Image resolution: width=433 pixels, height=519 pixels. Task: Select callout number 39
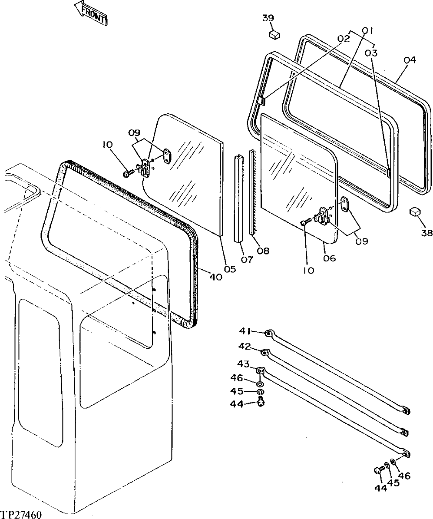268,18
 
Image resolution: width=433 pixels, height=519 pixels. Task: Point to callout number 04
410,60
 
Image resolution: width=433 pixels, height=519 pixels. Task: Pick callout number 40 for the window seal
216,277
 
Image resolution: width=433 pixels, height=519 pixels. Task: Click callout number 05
230,269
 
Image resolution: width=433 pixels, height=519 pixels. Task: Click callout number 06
329,258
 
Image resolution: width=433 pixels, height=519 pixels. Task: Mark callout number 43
243,364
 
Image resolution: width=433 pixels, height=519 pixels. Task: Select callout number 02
343,39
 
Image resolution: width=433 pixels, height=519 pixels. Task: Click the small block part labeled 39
274,34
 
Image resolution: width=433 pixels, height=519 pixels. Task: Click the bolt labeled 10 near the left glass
127,173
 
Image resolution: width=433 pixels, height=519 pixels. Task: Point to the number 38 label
426,233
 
